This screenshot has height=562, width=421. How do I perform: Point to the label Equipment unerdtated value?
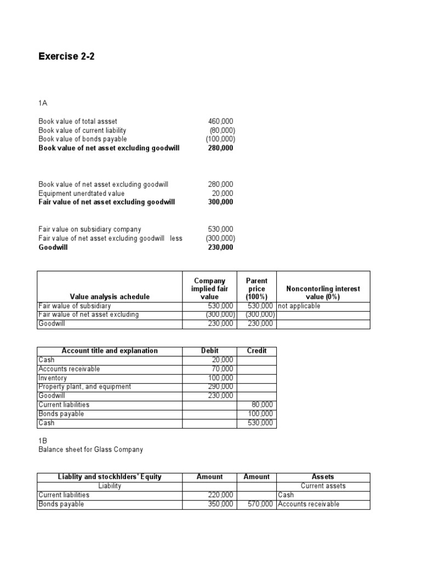(x=81, y=193)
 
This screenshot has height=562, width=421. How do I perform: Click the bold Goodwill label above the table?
(x=53, y=248)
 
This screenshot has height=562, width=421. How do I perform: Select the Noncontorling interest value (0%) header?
(x=323, y=293)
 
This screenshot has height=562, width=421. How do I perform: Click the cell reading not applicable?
(x=299, y=306)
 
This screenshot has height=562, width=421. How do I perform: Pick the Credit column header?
(x=257, y=351)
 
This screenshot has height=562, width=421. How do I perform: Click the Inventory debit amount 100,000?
(x=221, y=378)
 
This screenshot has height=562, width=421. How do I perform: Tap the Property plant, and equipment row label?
(x=84, y=386)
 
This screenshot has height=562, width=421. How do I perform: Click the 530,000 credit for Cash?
(x=261, y=423)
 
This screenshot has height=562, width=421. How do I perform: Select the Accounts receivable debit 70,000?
(x=223, y=369)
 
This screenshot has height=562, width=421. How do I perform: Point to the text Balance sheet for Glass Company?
(x=90, y=449)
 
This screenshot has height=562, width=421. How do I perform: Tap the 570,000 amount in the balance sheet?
(x=261, y=504)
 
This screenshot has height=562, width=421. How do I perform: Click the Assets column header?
(x=323, y=477)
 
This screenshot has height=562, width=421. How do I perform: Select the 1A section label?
(x=43, y=103)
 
